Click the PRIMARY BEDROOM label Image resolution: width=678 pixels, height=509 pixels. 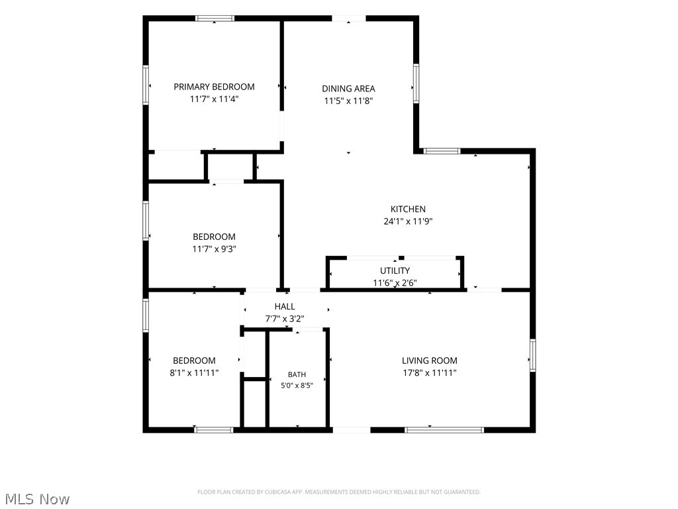(x=214, y=87)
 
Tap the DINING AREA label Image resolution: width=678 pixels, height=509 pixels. (x=348, y=89)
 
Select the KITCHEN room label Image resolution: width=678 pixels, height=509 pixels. (x=408, y=209)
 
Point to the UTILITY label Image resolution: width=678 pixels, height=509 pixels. (x=395, y=270)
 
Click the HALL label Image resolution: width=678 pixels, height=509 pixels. (x=285, y=306)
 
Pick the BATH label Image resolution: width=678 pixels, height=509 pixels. (x=297, y=374)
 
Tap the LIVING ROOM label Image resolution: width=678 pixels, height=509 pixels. (x=430, y=361)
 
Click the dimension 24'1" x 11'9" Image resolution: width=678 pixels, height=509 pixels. (x=408, y=221)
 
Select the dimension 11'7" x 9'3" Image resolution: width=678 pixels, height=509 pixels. (x=214, y=249)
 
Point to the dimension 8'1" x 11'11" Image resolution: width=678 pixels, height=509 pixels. (x=194, y=372)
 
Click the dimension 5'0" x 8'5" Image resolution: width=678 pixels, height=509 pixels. (x=297, y=385)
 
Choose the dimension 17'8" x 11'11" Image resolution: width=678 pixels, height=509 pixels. (x=430, y=372)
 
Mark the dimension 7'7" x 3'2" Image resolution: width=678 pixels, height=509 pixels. (x=285, y=319)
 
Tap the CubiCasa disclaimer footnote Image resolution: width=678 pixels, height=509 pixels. (x=339, y=492)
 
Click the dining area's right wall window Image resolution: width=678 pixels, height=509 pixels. (x=416, y=84)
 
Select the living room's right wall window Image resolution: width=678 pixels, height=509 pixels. (x=533, y=355)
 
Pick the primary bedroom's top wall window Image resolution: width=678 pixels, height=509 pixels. (x=215, y=18)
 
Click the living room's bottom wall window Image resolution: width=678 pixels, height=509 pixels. (x=444, y=429)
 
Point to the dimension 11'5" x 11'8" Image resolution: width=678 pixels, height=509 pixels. (x=348, y=101)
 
